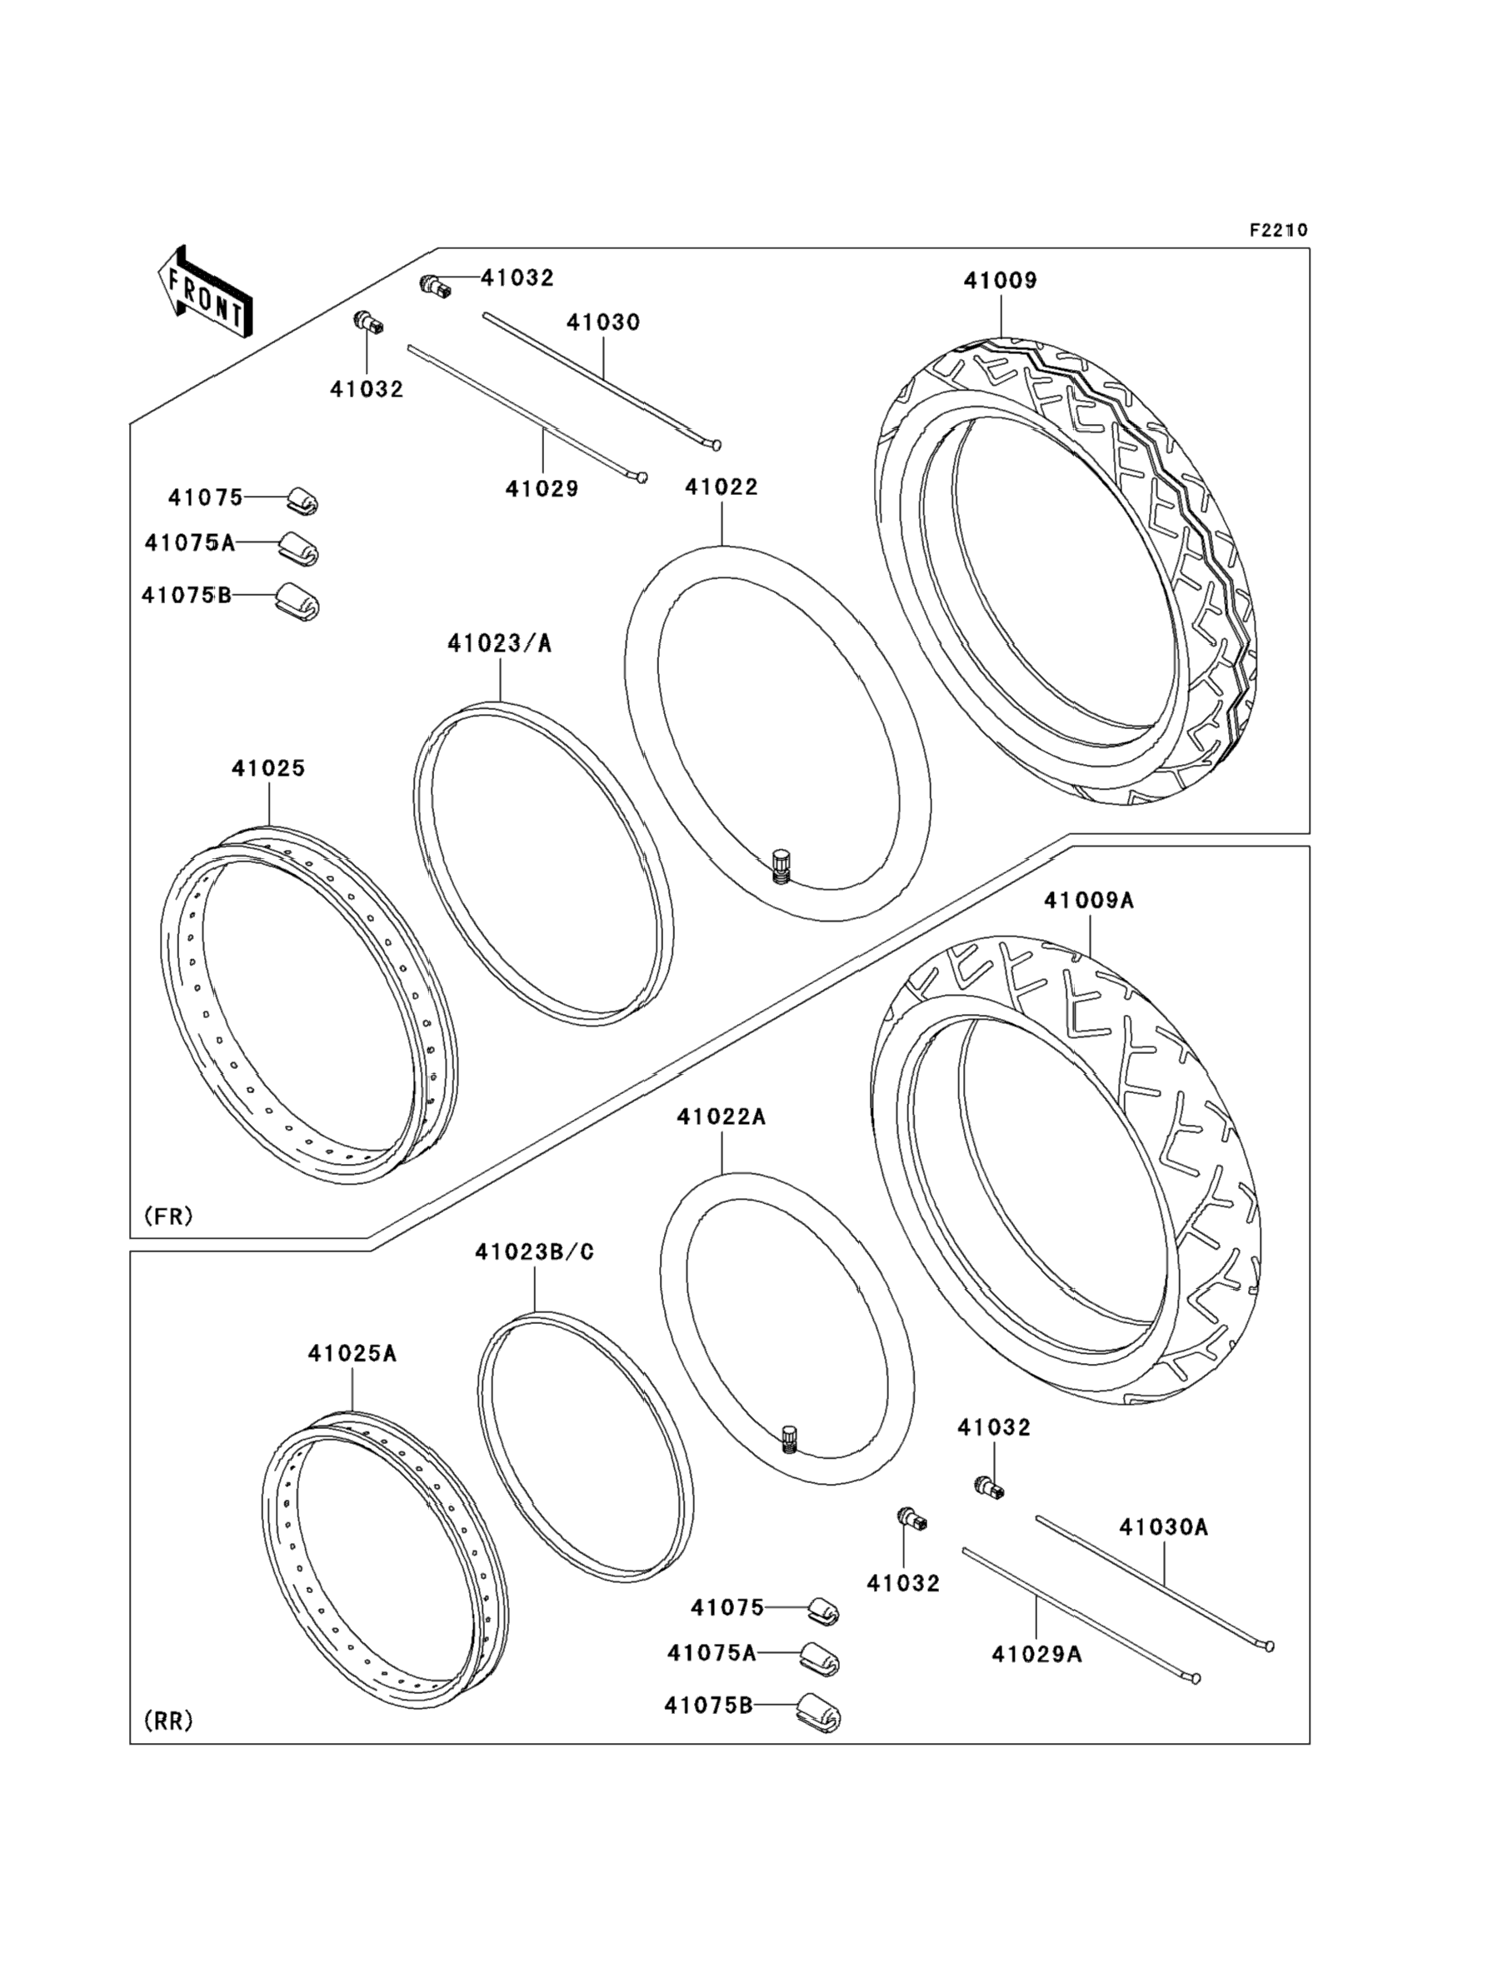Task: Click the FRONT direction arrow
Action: pos(204,292)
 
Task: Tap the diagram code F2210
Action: pos(1278,230)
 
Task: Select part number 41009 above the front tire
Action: pos(1001,281)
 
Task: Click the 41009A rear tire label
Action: pos(1089,901)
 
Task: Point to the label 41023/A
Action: pos(499,643)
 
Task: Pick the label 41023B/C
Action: pos(534,1252)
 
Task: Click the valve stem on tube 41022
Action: pos(780,867)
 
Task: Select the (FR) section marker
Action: pos(168,1216)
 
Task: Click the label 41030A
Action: pos(1163,1527)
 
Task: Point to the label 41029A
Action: pos(1036,1655)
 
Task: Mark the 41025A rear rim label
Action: pos(352,1353)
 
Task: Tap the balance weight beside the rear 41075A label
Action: pos(820,1656)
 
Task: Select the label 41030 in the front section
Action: pos(603,322)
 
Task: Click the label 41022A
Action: pos(721,1116)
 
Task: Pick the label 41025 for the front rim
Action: pos(268,767)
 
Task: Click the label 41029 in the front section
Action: pos(542,488)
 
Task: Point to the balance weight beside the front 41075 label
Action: pos(302,501)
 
